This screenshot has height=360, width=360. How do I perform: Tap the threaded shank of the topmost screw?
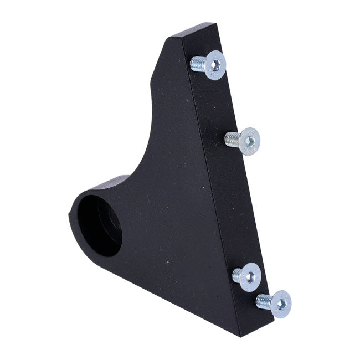point(197,65)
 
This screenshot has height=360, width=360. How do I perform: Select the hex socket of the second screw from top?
point(250,142)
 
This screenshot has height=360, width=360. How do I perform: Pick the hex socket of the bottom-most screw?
point(280,303)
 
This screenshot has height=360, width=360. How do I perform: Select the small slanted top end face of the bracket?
point(194,30)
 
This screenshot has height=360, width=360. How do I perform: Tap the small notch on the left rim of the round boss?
point(70,213)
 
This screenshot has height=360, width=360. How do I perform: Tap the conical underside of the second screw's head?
point(241,141)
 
